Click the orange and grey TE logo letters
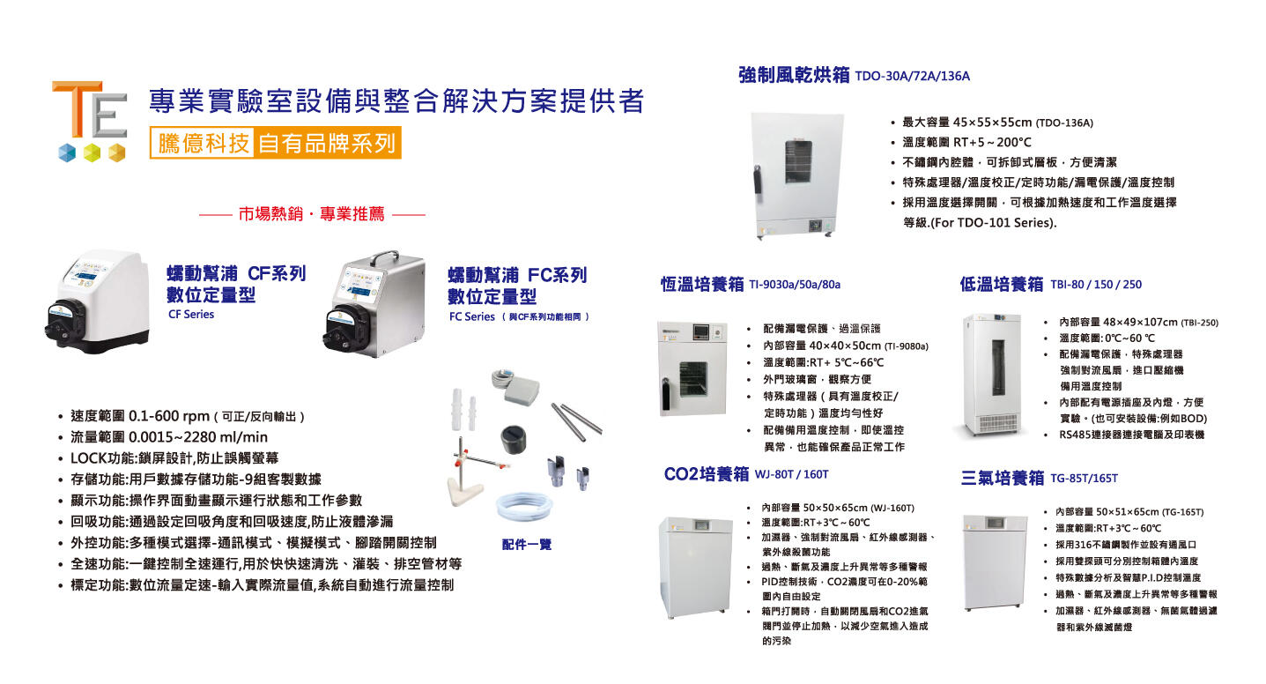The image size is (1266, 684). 89,110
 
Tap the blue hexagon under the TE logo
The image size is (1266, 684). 67,152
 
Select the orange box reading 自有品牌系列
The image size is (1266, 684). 327,143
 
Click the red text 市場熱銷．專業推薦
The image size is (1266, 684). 311,213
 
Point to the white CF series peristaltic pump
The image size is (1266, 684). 97,301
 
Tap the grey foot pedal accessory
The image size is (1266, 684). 521,390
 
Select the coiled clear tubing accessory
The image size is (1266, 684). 523,505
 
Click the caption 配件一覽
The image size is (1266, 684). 526,545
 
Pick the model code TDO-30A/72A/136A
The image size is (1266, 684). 912,77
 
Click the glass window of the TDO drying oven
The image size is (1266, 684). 798,161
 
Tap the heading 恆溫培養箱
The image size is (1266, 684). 702,284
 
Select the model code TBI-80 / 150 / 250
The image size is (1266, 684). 1096,285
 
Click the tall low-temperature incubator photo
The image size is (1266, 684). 993,375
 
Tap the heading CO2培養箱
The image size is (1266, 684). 707,473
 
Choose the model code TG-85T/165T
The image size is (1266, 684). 1084,479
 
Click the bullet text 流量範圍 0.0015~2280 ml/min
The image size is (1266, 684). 169,437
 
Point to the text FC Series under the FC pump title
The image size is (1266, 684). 472,316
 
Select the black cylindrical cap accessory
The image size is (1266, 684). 513,439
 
